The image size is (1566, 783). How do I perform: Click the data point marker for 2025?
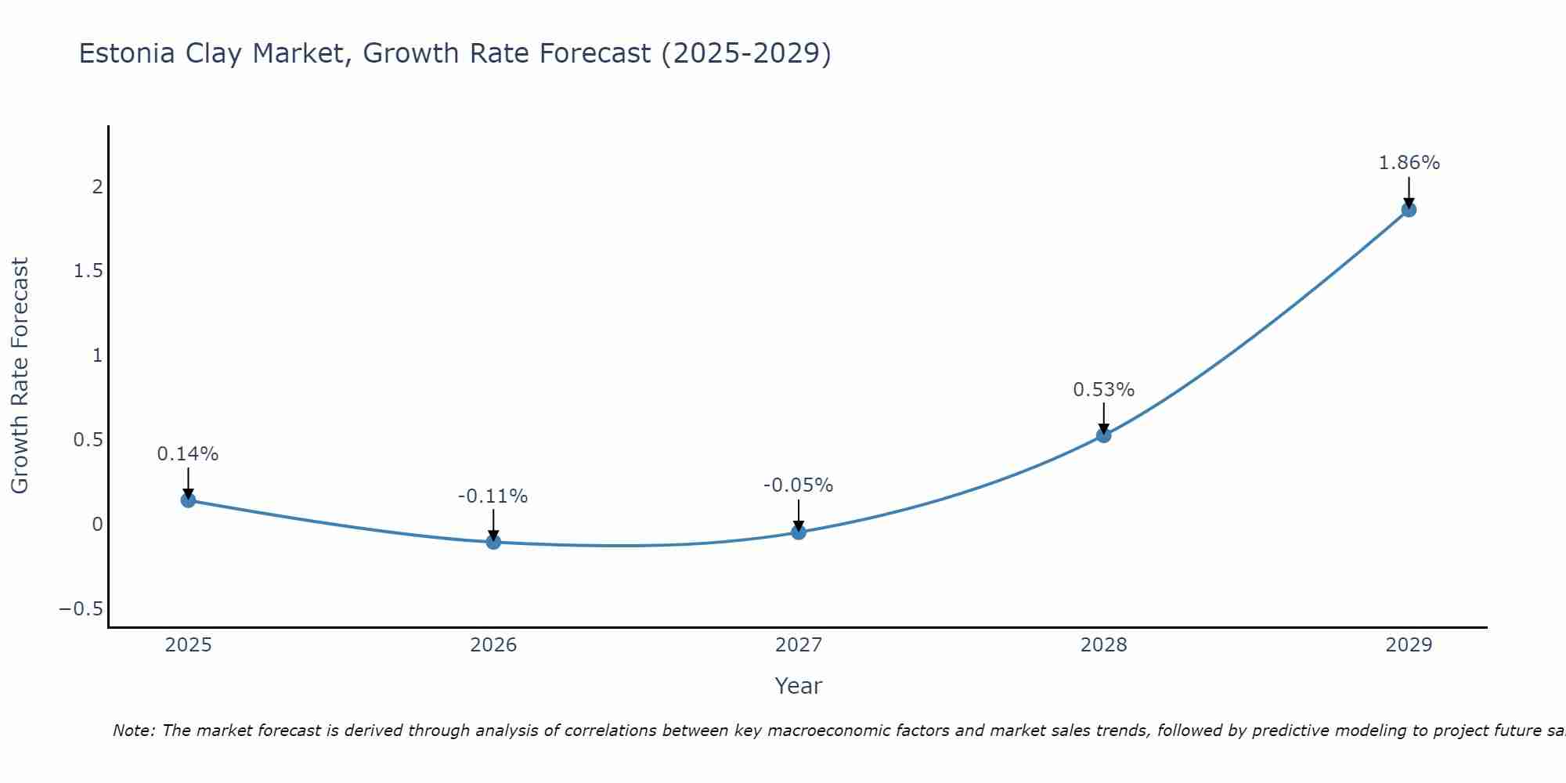pyautogui.click(x=188, y=500)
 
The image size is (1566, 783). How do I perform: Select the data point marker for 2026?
pyautogui.click(x=493, y=541)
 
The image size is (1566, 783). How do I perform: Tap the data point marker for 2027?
pyautogui.click(x=799, y=532)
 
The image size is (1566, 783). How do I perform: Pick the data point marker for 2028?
pyautogui.click(x=1103, y=435)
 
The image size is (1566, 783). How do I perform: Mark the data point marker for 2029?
pyautogui.click(x=1409, y=209)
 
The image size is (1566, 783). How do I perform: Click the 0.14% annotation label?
pyautogui.click(x=188, y=454)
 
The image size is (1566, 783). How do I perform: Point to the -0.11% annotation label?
pyautogui.click(x=493, y=496)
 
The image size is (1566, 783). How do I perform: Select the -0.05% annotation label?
pyautogui.click(x=799, y=485)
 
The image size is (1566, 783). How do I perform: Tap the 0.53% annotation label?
pyautogui.click(x=1103, y=390)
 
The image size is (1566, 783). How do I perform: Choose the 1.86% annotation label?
pyautogui.click(x=1409, y=163)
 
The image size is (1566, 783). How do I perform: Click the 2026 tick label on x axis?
pyautogui.click(x=493, y=645)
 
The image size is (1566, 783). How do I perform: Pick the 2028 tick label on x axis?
pyautogui.click(x=1103, y=645)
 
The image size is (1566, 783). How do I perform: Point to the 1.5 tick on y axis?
pyautogui.click(x=88, y=271)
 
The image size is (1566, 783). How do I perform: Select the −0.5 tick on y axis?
pyautogui.click(x=81, y=609)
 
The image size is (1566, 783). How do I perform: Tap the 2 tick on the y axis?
pyautogui.click(x=97, y=186)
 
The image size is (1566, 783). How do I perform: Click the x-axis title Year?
pyautogui.click(x=798, y=686)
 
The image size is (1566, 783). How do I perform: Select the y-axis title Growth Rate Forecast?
pyautogui.click(x=20, y=376)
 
